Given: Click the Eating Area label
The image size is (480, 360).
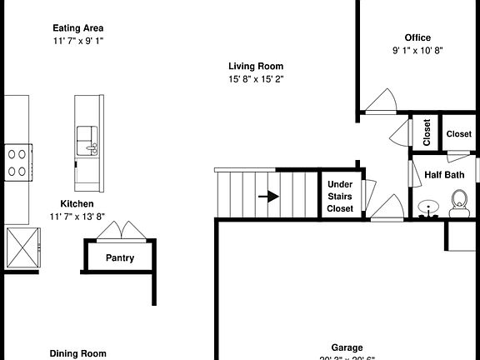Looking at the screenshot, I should coord(77,27).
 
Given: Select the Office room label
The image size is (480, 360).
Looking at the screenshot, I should coord(417,37).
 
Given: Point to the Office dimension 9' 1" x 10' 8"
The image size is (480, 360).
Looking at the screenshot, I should coord(417,50).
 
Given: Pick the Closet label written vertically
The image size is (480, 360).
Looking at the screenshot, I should coord(427,132).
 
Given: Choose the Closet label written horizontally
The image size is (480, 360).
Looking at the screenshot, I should coord(458,133).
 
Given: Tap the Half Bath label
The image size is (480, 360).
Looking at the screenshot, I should coord(444,175).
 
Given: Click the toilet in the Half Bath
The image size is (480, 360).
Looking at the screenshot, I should coord(458,200).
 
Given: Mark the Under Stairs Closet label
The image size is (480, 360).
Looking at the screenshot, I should coord(340,196).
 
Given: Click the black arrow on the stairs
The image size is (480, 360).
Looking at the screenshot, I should coord(268,197).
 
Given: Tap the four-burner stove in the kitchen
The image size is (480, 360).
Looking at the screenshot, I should coord(17,162).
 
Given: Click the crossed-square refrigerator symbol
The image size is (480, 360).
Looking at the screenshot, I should coord(22,247).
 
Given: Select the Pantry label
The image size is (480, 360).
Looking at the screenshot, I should coord(119,257).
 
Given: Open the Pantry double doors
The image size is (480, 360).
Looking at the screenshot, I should coord(123,230).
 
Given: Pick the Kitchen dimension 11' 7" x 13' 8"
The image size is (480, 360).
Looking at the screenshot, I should coord(77,217).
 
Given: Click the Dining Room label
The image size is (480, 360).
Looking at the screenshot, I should coord(77,353).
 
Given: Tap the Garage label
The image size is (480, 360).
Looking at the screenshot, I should coord(347,348).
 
